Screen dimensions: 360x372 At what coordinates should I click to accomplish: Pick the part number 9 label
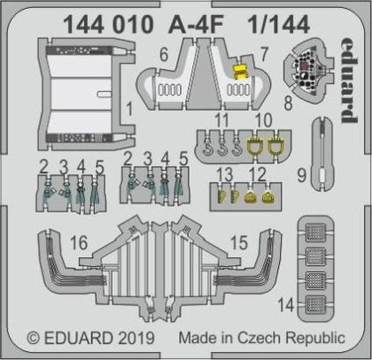303,176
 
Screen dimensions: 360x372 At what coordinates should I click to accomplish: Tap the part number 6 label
163,55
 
